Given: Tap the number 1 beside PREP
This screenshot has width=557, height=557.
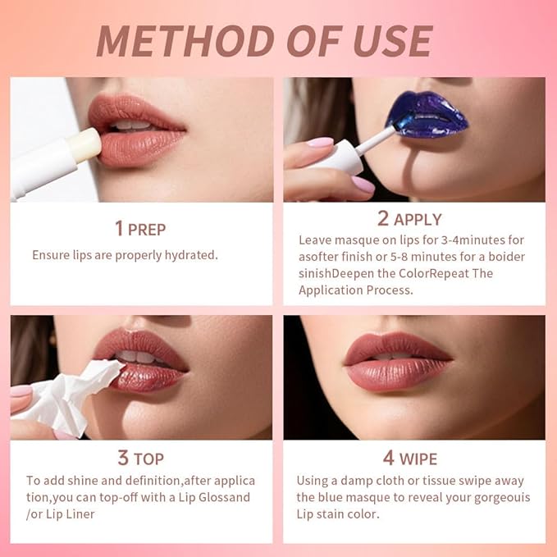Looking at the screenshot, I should [x=119, y=228].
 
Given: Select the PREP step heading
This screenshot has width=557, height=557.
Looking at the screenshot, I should [x=152, y=229].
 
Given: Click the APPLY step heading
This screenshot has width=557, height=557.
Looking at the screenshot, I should [x=418, y=219].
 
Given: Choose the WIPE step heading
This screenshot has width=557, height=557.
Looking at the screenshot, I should [x=418, y=459].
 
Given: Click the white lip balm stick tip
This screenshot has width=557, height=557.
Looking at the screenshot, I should [x=85, y=146].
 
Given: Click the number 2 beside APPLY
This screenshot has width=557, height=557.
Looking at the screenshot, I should [x=383, y=219].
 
